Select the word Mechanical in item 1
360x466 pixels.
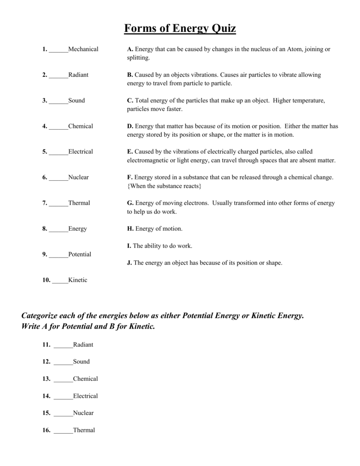tap(83, 49)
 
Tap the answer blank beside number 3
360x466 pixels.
tap(59, 101)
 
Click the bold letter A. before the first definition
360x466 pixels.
tap(130, 49)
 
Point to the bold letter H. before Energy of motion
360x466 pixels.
tap(130, 228)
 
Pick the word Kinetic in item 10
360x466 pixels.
tap(77, 280)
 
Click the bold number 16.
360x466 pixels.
tap(46, 430)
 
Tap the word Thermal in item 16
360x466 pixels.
tap(84, 430)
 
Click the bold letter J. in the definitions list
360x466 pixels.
tap(129, 263)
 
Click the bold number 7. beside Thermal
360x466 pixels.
tap(45, 203)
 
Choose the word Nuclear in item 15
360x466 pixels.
tap(83, 413)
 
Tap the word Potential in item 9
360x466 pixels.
tap(80, 254)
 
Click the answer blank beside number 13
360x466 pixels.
tap(63, 379)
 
